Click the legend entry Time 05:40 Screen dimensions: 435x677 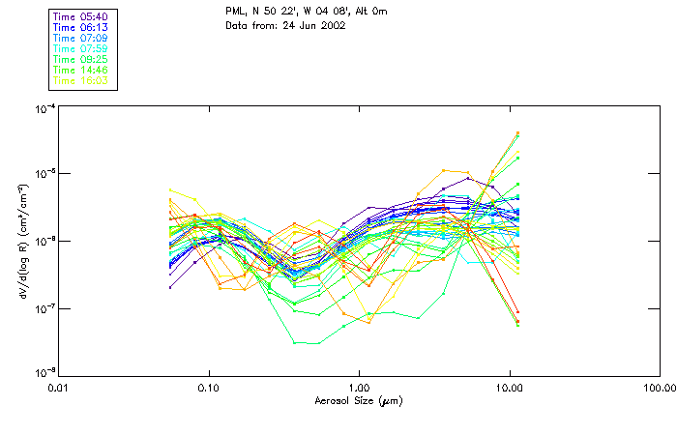pos(81,16)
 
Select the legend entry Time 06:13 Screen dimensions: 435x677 pos(81,27)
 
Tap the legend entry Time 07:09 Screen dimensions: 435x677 pos(81,38)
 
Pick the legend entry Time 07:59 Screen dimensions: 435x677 pos(81,48)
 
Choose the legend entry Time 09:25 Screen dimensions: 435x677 pos(81,59)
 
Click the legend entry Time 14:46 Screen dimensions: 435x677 pos(81,70)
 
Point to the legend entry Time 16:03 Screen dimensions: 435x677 pos(81,80)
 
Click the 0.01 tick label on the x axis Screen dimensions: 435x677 pos(59,388)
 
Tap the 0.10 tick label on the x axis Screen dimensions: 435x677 pos(209,388)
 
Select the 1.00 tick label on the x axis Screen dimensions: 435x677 pos(360,388)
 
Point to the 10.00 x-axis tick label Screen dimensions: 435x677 pos(509,388)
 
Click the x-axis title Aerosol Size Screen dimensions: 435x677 pos(359,400)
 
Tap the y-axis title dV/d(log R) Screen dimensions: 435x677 pos(23,241)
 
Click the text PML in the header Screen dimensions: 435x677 pos(236,12)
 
